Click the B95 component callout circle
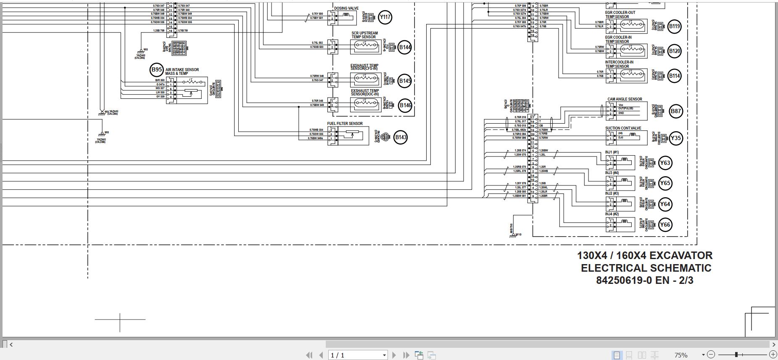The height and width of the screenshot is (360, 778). pos(157,69)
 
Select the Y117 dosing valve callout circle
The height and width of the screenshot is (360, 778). pos(385,17)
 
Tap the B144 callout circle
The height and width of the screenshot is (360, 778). pos(405,47)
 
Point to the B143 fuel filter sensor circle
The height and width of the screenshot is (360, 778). pos(401,137)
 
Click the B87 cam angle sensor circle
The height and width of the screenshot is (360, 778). pos(675,111)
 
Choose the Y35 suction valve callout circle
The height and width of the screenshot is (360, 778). pos(675,138)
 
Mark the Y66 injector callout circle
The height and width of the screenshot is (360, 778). pos(665,225)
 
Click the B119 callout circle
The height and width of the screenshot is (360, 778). pos(674,26)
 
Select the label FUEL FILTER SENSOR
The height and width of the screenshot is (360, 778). pos(345,124)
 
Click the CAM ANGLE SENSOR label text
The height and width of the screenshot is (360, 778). pos(625,99)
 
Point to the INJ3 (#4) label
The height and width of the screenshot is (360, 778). pos(612,173)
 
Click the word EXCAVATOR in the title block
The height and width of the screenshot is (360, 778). pos(681,255)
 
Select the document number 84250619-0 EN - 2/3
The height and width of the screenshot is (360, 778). pos(644,280)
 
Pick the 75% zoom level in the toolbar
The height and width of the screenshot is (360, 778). pos(681,355)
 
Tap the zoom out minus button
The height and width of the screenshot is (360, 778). pos(711,355)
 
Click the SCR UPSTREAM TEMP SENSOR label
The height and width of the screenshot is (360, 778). pos(364,35)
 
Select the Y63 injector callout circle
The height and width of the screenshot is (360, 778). pos(665,163)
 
